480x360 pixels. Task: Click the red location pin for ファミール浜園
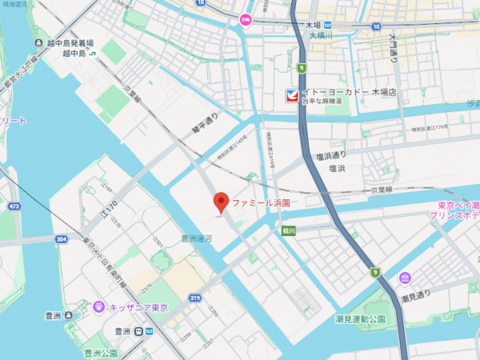pos(222,202)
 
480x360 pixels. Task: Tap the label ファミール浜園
pos(260,203)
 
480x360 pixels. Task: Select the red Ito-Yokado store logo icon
pos(293,96)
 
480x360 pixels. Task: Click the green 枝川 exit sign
pos(288,230)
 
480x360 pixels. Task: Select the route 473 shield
pos(14,206)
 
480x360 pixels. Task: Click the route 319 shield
pos(194,298)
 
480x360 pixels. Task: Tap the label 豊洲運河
pos(196,238)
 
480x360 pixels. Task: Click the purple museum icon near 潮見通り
pos(406,278)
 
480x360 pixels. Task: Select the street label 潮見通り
pos(416,298)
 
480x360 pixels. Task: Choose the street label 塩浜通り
pos(330,154)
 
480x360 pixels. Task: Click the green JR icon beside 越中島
pos(94,54)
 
